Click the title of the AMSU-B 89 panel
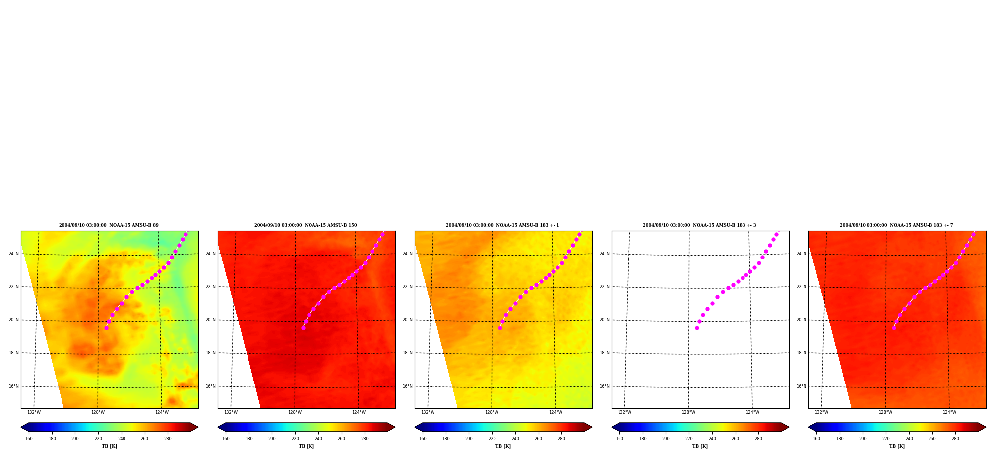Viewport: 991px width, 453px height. click(109, 225)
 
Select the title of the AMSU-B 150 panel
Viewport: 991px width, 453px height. click(306, 225)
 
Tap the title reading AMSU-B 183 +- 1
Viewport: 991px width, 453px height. click(502, 225)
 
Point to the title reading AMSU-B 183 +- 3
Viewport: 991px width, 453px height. click(699, 225)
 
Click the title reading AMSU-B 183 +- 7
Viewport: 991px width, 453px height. click(896, 225)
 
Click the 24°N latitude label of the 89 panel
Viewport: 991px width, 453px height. click(14, 254)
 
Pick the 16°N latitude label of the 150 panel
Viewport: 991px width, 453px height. click(211, 386)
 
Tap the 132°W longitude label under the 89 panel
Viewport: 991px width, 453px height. click(34, 412)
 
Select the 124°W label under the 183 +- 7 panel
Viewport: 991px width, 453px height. click(949, 412)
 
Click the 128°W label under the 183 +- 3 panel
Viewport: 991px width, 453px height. click(688, 412)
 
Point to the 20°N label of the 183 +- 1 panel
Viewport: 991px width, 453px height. click(408, 320)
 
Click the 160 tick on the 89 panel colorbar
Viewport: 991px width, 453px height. click(29, 439)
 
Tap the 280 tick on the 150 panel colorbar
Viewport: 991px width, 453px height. click(365, 439)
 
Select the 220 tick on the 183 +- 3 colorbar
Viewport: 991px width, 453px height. click(689, 439)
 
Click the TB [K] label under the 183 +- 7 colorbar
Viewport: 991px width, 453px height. click(897, 446)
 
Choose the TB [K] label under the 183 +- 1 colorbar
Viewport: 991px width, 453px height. click(503, 446)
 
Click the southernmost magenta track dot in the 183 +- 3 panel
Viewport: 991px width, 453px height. click(697, 328)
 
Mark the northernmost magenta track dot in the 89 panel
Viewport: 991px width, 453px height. click(186, 234)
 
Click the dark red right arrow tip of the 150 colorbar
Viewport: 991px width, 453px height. click(395, 427)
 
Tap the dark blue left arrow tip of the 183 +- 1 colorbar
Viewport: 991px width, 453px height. click(415, 427)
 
